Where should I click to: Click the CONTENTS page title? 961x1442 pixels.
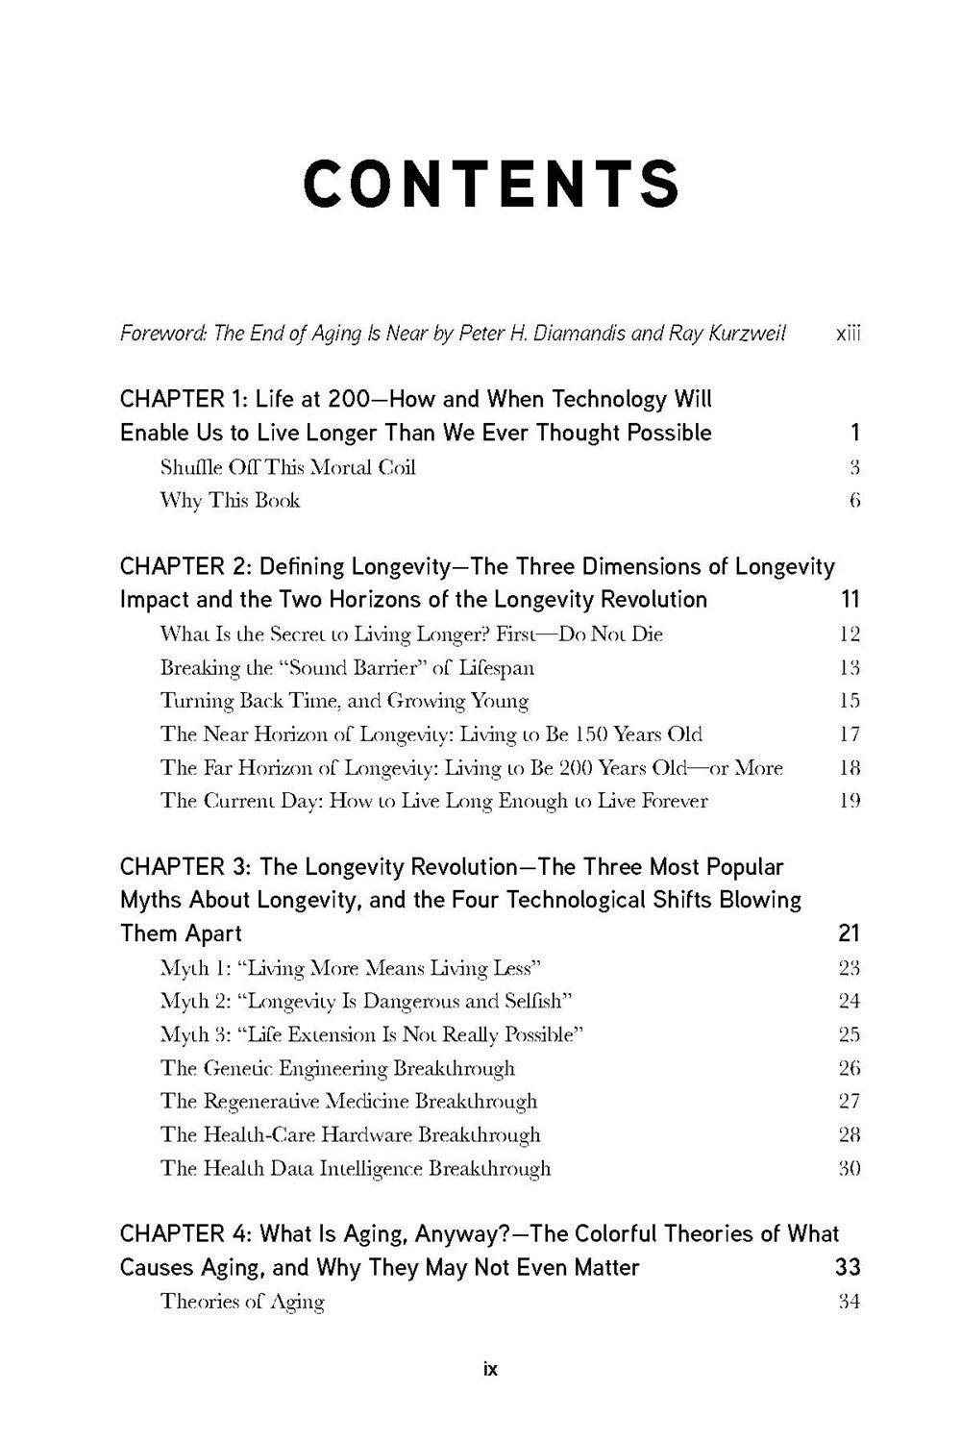[491, 185]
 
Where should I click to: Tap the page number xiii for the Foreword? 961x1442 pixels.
[849, 334]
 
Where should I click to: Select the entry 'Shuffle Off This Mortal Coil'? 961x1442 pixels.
[287, 467]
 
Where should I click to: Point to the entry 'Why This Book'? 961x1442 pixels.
[230, 500]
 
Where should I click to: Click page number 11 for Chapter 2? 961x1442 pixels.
[850, 600]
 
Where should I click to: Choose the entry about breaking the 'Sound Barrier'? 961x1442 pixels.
[347, 667]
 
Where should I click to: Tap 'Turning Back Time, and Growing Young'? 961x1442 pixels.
[344, 701]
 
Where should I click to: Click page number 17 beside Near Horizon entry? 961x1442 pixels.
[850, 734]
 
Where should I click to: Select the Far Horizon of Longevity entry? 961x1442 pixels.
[471, 767]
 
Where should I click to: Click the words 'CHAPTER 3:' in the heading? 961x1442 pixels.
[185, 867]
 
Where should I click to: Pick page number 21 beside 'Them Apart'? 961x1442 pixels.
[849, 933]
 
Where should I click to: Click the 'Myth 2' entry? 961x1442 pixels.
[366, 1001]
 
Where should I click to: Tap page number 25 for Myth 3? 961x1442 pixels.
[850, 1034]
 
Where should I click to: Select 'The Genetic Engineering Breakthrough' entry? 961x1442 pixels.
[337, 1068]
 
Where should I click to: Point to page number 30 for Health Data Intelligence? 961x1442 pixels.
[850, 1168]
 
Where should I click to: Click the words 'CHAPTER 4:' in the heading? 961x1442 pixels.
[185, 1234]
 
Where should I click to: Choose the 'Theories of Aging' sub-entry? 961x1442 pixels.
[242, 1302]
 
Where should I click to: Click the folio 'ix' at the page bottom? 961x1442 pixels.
[490, 1368]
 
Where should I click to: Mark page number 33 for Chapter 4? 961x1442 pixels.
[848, 1268]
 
